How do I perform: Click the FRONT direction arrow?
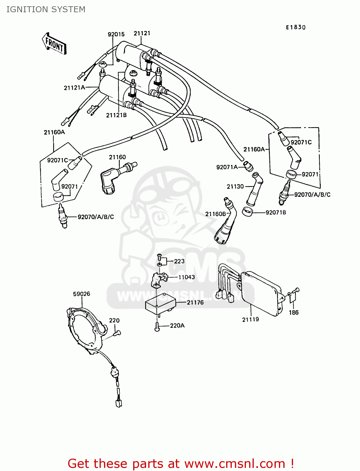pos(54,44)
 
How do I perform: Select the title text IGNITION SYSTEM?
pos(46,9)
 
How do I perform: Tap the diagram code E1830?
pos(295,27)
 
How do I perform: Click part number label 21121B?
pos(116,115)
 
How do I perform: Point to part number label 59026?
pos(81,294)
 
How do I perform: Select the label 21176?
pos(195,302)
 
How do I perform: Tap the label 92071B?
pos(275,213)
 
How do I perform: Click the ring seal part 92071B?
pos(248,212)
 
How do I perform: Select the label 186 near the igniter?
pos(293,312)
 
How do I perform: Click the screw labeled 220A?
pos(157,327)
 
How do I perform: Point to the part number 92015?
pos(116,34)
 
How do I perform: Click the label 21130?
pos(235,187)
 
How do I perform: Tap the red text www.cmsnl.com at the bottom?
pos(235,463)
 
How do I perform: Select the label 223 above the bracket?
pos(179,261)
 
